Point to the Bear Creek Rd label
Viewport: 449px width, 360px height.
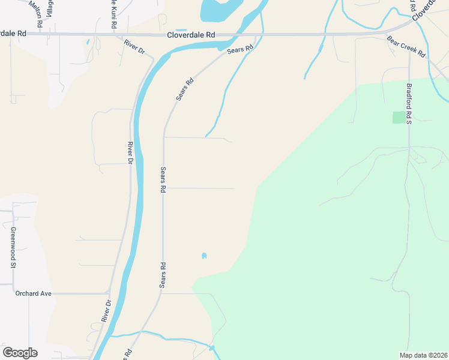pos(406,46)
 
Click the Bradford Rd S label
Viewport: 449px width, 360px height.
pos(408,103)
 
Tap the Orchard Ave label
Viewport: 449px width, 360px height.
pos(34,293)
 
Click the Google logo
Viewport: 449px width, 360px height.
pos(20,353)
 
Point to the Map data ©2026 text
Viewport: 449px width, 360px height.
pos(423,355)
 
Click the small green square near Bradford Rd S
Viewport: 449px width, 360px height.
pos(399,118)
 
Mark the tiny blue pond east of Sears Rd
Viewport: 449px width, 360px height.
pos(204,256)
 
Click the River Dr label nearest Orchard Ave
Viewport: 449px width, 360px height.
pos(107,311)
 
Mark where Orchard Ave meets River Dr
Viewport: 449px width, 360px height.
pos(110,293)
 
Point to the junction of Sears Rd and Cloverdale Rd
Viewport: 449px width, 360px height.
pos(256,35)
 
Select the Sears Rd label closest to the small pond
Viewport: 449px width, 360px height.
pos(162,274)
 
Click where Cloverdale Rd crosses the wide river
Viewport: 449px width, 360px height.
pos(240,35)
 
